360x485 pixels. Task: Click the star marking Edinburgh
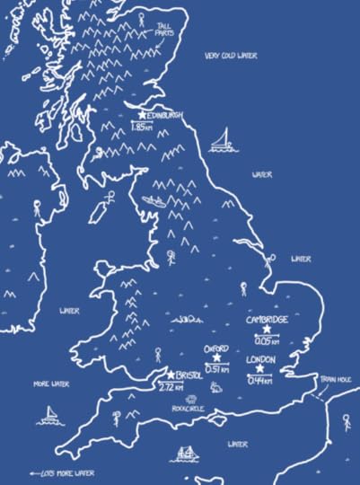point(143,115)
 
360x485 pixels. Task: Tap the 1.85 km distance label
point(142,128)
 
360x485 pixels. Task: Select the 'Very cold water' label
point(230,56)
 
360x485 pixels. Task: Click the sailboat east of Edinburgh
point(221,141)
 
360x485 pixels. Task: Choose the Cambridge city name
point(267,320)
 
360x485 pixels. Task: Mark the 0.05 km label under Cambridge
point(267,341)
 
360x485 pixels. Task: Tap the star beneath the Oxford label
point(216,357)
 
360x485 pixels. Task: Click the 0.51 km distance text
point(216,368)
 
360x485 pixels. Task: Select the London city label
point(260,358)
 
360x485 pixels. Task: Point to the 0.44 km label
point(260,380)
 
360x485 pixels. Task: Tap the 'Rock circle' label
point(189,407)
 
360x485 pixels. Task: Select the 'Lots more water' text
point(63,472)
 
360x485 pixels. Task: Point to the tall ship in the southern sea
point(187,454)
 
